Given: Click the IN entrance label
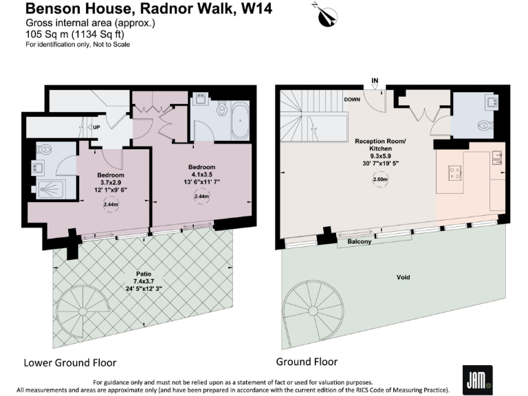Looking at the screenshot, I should coord(375,81).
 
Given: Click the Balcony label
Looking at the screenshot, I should coord(359,241).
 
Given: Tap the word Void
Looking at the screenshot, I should coord(404,278).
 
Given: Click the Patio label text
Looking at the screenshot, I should coord(144,274).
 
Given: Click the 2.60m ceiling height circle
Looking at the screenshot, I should coord(380,180).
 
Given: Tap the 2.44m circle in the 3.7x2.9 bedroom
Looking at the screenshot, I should coord(110,204).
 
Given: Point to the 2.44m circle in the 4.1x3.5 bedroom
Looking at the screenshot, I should coord(201,197).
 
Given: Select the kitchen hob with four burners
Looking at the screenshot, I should coord(454,172).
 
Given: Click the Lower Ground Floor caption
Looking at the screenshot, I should coord(70,362).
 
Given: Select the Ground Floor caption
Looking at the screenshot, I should coord(307,361).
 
